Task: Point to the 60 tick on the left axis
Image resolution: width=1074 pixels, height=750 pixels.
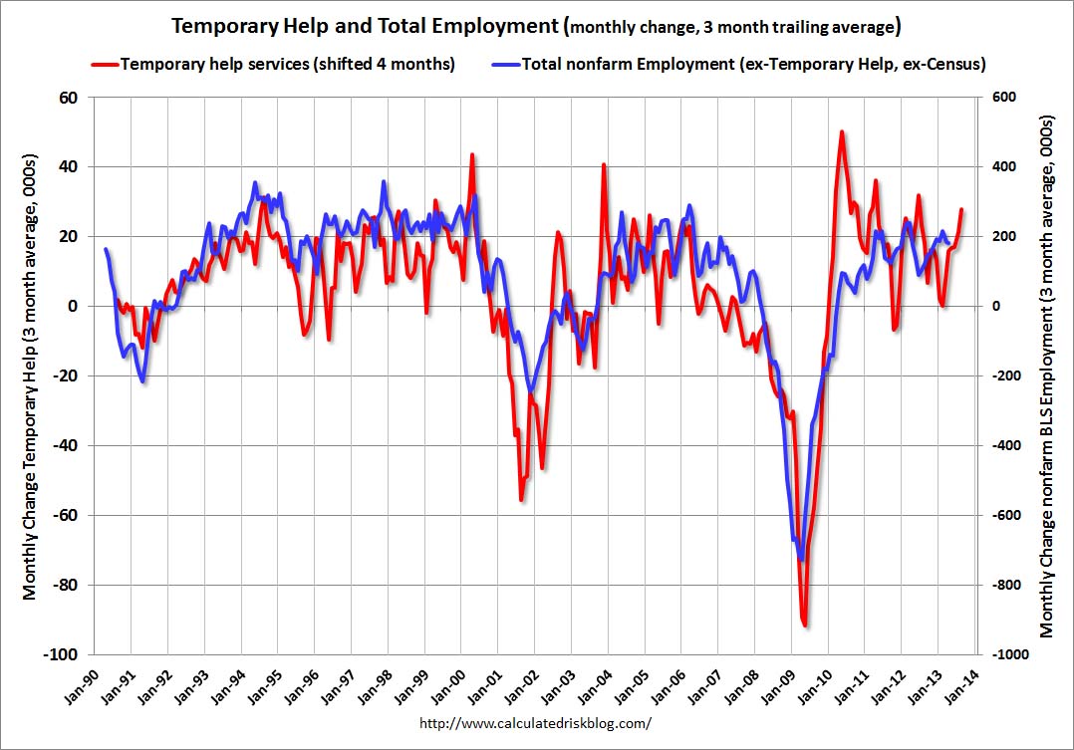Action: click(68, 97)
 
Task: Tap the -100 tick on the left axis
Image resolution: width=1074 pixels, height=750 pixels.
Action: click(62, 654)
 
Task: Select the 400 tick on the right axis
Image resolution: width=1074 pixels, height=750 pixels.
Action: click(1000, 166)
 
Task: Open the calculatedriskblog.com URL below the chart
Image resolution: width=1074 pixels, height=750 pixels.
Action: click(535, 722)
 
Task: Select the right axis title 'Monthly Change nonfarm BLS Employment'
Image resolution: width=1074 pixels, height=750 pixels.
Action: click(1048, 375)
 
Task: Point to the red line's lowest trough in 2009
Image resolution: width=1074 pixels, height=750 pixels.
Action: click(805, 625)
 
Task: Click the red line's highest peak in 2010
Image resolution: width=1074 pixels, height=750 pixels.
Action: click(842, 131)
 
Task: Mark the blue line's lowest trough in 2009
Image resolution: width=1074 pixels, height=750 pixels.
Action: click(801, 560)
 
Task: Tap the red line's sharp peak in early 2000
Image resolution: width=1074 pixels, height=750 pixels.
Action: click(471, 154)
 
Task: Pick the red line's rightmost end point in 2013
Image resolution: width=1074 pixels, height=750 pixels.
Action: click(961, 209)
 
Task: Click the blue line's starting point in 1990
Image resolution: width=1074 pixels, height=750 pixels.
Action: click(106, 249)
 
